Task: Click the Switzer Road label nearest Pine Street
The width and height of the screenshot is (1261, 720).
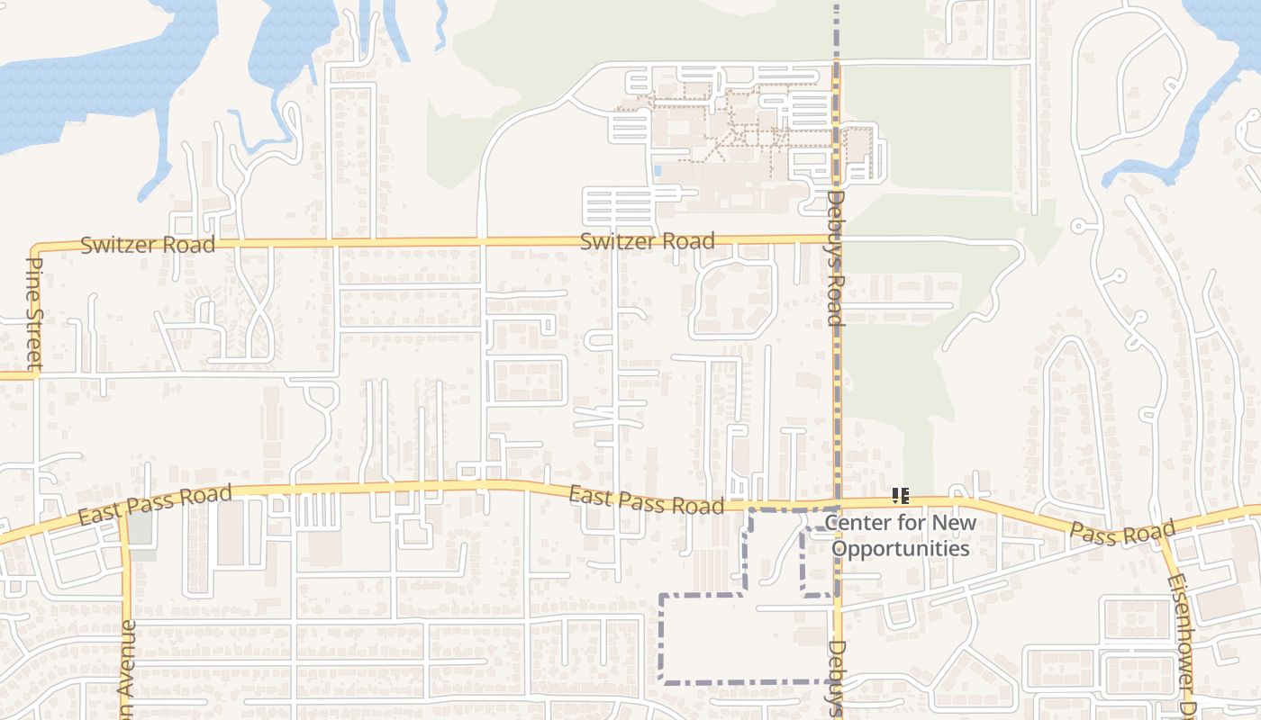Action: (x=148, y=245)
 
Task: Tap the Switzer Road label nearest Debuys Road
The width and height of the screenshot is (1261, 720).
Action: (x=647, y=241)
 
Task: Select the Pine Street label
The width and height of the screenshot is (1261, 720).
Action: (x=35, y=313)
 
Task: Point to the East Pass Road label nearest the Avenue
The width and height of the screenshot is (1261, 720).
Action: (x=155, y=504)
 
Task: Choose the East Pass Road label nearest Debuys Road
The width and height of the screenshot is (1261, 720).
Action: (x=646, y=499)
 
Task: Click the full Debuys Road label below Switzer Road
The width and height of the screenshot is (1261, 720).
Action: (x=835, y=258)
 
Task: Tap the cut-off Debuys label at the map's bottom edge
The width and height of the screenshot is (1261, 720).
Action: (x=837, y=679)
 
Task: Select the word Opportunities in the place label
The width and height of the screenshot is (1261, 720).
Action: (x=900, y=549)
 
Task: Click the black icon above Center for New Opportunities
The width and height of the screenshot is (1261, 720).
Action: (x=901, y=496)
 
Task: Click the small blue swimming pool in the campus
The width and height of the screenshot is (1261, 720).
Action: (x=658, y=170)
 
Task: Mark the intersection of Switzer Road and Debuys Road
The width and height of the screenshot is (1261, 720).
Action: (x=837, y=238)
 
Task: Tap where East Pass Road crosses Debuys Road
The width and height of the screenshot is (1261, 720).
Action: (x=837, y=502)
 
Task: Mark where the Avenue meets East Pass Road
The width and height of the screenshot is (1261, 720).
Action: (x=123, y=518)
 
